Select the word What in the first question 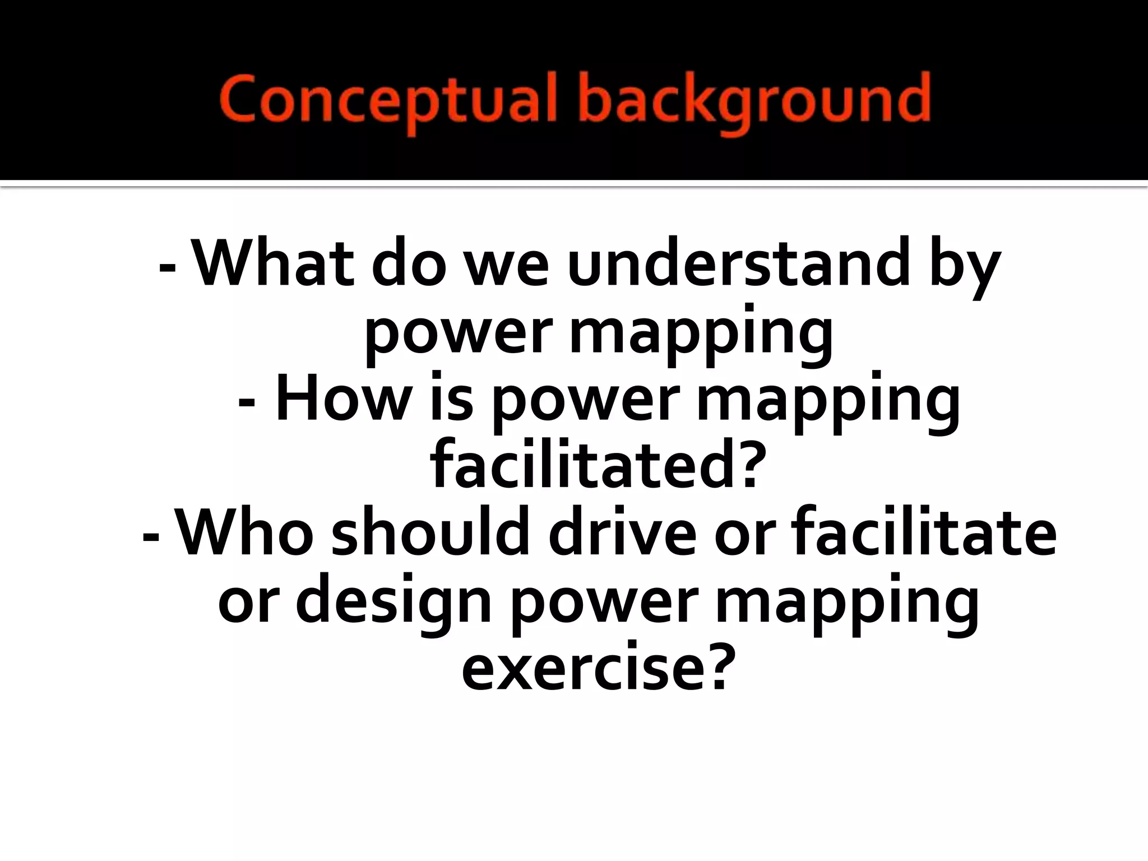point(272,262)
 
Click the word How point(343,398)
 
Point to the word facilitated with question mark point(598,465)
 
